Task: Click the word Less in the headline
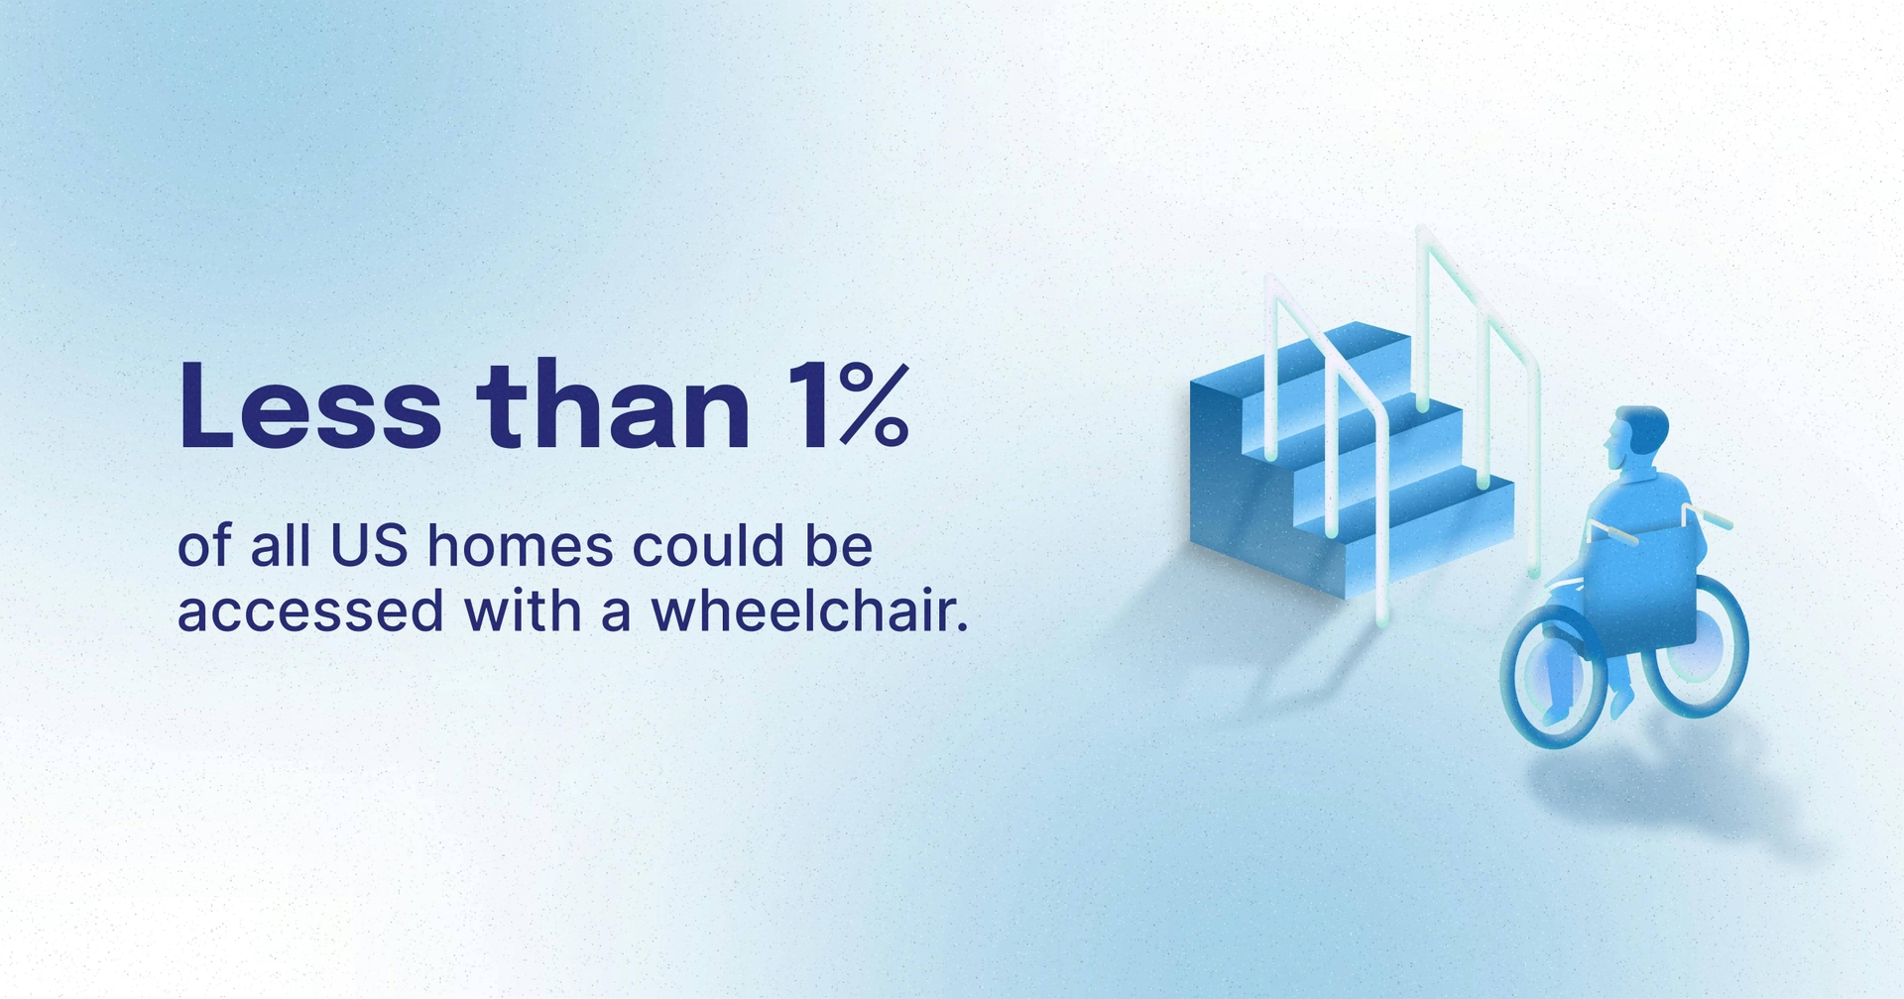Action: [309, 406]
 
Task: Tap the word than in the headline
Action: [613, 406]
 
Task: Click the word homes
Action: [521, 546]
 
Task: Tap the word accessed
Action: [309, 611]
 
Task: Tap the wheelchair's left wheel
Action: [1553, 674]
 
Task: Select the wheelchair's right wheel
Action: [1698, 644]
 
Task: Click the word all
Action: [280, 546]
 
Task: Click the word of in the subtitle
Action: [203, 546]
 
